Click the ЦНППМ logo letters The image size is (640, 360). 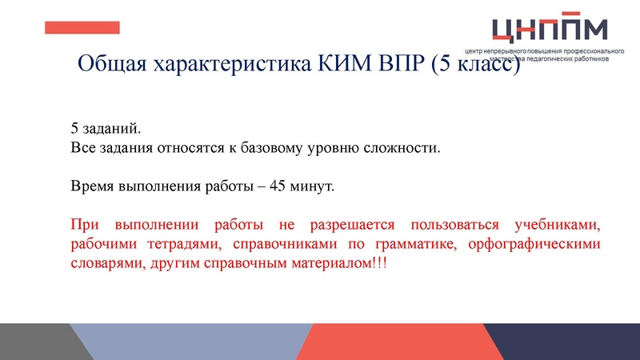pyautogui.click(x=550, y=29)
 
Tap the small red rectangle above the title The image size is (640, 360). pyautogui.click(x=82, y=28)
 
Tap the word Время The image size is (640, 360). pyautogui.click(x=94, y=186)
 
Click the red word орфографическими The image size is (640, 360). pyautogui.click(x=537, y=245)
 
